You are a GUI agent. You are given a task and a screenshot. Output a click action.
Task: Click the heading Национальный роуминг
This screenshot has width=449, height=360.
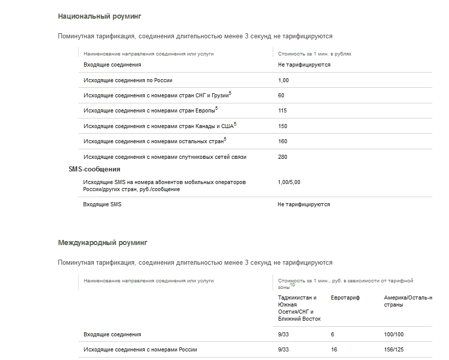point(99,16)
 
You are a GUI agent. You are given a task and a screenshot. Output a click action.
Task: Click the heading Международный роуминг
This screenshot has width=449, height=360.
point(102,243)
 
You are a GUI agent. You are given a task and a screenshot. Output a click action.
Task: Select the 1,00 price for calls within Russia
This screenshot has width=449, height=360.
point(283,80)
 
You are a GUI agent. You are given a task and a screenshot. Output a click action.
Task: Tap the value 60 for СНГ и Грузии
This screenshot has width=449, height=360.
point(281,96)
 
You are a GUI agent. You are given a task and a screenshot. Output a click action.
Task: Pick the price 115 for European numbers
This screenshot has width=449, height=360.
point(283,111)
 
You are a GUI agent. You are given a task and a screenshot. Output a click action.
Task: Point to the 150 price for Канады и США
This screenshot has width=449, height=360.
point(283,126)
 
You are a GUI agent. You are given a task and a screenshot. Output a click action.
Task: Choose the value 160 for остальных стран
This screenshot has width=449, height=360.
point(283,141)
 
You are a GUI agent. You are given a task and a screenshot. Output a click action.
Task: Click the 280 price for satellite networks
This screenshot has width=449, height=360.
point(283,157)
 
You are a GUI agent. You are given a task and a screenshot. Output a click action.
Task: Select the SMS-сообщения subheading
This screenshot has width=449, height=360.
point(94,169)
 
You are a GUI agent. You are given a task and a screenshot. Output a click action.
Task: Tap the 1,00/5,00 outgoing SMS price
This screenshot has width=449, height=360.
point(289,182)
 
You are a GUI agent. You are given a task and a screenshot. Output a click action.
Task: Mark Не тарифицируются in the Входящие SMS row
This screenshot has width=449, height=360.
point(304,204)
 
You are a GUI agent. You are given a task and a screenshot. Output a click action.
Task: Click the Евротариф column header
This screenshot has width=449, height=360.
point(345,298)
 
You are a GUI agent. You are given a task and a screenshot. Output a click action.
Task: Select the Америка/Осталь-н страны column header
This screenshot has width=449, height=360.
point(408,302)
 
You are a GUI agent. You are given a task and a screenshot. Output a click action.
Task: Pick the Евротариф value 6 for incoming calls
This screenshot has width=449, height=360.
point(333,334)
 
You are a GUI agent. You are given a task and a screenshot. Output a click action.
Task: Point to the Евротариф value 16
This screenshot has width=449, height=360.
point(334,349)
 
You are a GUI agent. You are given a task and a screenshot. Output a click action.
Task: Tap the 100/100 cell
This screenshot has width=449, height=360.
point(394,334)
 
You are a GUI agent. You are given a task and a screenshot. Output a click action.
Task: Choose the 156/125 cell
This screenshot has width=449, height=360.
point(394,349)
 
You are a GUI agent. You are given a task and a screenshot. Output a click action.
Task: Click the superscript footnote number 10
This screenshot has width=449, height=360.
point(292,285)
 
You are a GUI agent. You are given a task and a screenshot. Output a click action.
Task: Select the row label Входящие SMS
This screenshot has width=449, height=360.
point(102,204)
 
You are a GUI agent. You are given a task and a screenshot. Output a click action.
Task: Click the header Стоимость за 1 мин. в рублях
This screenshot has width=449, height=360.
point(314,53)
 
